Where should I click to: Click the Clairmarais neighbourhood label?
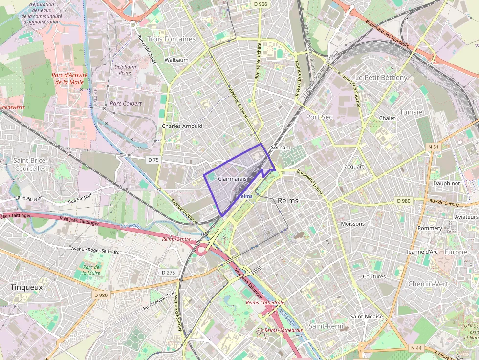pyautogui.click(x=232, y=179)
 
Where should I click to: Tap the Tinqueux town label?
pyautogui.click(x=26, y=287)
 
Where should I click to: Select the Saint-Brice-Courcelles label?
pyautogui.click(x=30, y=165)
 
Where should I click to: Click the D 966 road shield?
pyautogui.click(x=261, y=4)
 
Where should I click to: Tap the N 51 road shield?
pyautogui.click(x=434, y=147)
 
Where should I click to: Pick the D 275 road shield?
pyautogui.click(x=168, y=273)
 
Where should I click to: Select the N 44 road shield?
pyautogui.click(x=416, y=348)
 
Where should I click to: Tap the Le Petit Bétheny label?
pyautogui.click(x=381, y=78)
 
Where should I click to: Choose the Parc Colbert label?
pyautogui.click(x=126, y=104)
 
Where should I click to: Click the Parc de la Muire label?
pyautogui.click(x=91, y=270)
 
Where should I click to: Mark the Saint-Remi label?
pyautogui.click(x=326, y=326)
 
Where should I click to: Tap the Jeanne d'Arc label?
pyautogui.click(x=422, y=252)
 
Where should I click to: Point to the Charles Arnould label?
pyautogui.click(x=182, y=126)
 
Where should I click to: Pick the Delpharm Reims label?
pyautogui.click(x=126, y=69)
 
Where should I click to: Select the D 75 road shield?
pyautogui.click(x=153, y=160)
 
